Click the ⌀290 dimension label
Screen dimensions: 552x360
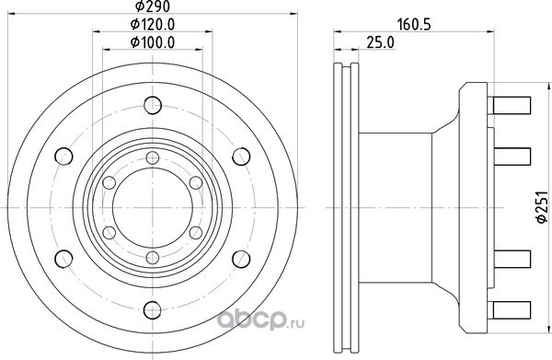[x=153, y=6]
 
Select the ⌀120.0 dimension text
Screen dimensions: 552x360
[x=153, y=24]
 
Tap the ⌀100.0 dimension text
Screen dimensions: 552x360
[x=153, y=42]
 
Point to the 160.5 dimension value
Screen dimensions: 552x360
[x=414, y=25]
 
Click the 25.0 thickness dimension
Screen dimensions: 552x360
[x=381, y=42]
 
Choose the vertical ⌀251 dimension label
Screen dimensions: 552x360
[x=541, y=207]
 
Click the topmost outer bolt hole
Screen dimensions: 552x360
[x=153, y=105]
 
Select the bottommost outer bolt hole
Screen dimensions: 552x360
[x=153, y=310]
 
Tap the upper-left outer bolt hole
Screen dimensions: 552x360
[x=63, y=157]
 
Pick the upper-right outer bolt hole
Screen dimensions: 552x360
[x=241, y=157]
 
